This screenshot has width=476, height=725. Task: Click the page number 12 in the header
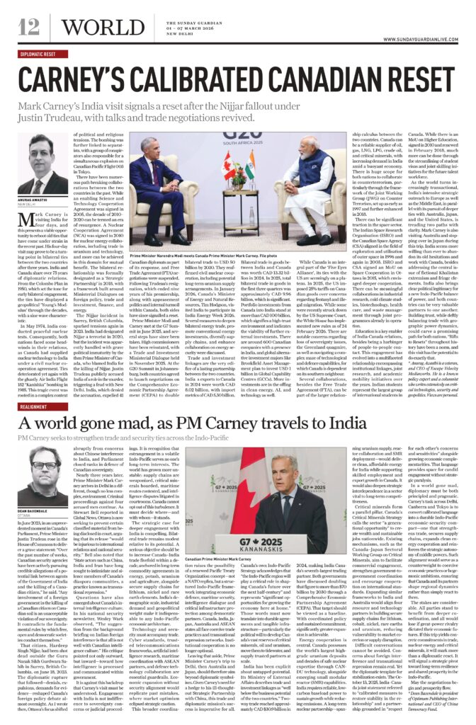29,27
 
